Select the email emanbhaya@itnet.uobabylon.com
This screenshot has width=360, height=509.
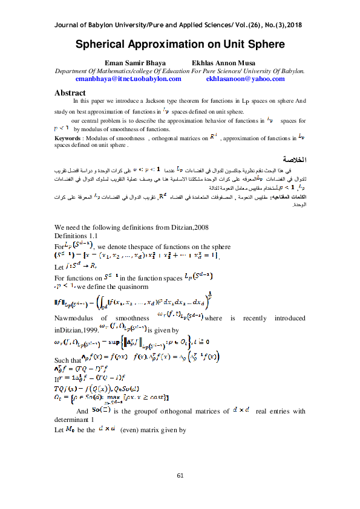click(x=128, y=79)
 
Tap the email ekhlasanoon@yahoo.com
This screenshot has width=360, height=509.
click(x=237, y=79)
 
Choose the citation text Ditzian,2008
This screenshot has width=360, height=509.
click(x=185, y=227)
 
